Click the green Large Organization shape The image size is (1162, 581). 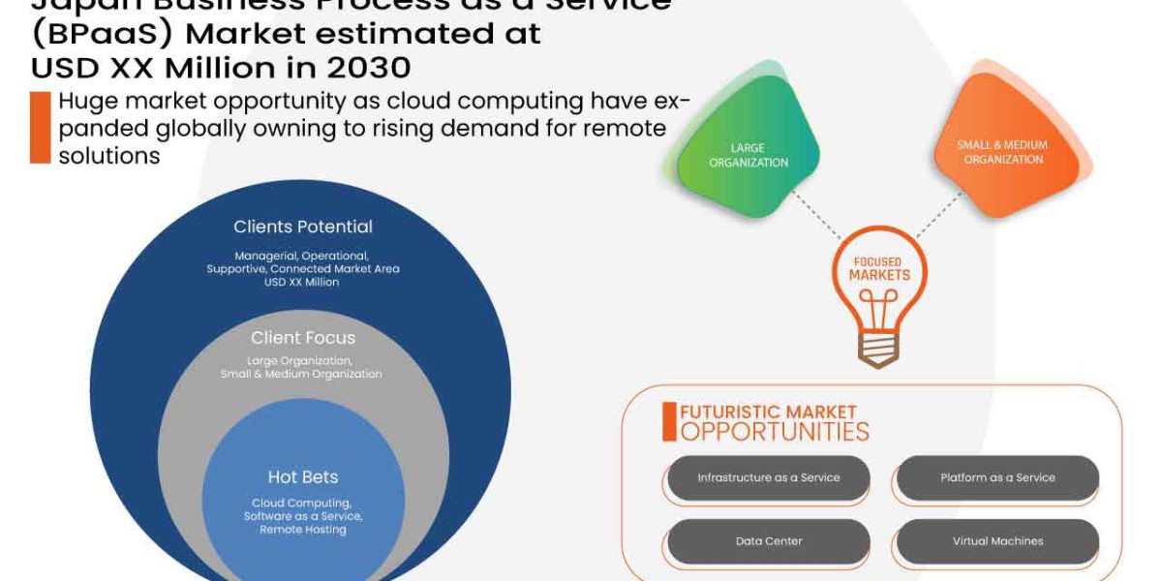coord(748,155)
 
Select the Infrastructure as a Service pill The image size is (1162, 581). coord(769,478)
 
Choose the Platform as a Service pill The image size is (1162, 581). coord(997,478)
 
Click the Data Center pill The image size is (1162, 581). coord(769,541)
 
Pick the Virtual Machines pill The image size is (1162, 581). coord(997,541)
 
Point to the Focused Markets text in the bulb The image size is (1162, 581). coord(879,269)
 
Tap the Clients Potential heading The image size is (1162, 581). coord(303,227)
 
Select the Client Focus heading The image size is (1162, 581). coord(303,338)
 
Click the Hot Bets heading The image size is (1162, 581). coord(303,476)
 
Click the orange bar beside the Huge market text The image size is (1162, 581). coord(40,127)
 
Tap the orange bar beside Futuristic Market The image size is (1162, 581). coord(668,422)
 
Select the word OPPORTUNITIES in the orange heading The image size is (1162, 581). coord(775,432)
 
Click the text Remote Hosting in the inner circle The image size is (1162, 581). coord(303,530)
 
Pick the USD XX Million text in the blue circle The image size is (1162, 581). coord(302,282)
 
